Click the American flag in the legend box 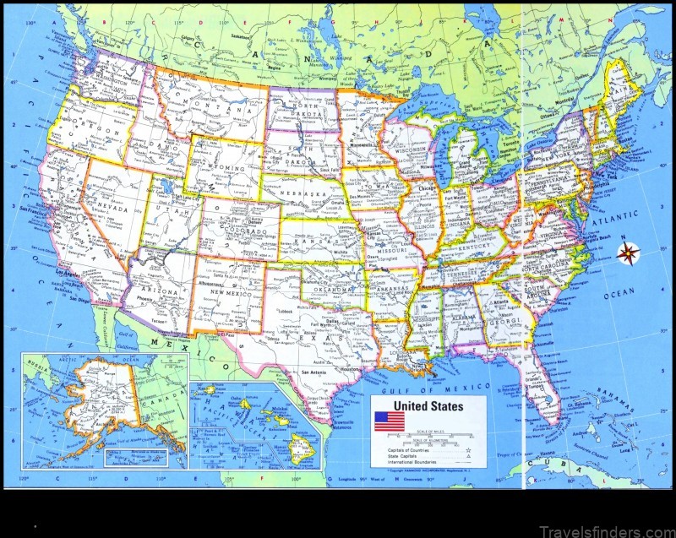tap(390, 421)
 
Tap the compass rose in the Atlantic tap(628, 252)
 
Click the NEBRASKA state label tap(305, 194)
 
